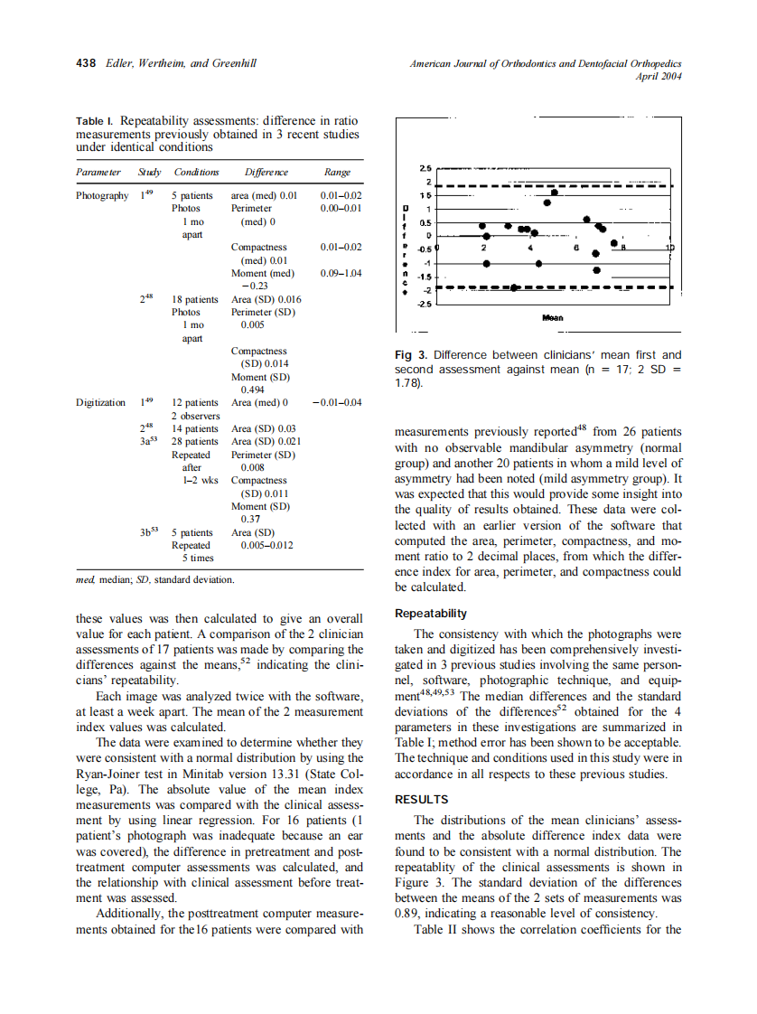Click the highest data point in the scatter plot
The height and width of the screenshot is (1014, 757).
(555, 192)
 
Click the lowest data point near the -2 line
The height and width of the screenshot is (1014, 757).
(514, 287)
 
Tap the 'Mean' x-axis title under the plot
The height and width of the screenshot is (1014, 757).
(553, 318)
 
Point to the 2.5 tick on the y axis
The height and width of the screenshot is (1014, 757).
(426, 168)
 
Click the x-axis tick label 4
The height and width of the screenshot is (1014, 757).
(531, 247)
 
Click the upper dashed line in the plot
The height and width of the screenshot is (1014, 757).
(560, 185)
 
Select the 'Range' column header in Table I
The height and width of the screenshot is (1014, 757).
(337, 173)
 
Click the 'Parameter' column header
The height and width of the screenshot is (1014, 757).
(98, 173)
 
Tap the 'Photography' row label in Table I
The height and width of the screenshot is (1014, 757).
(102, 195)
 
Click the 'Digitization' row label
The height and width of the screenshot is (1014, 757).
(101, 402)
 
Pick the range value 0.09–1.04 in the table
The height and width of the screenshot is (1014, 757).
(341, 273)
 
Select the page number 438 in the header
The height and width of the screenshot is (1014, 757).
(85, 64)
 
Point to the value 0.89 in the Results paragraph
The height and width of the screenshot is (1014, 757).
(409, 914)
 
